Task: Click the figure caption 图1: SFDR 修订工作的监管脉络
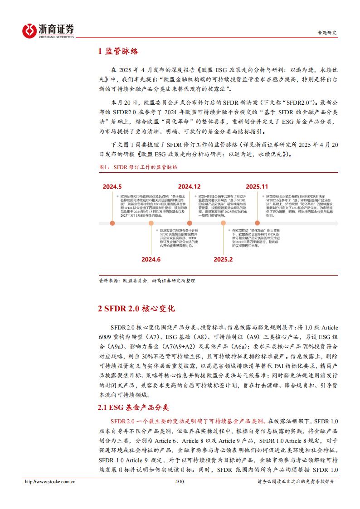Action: click(138, 167)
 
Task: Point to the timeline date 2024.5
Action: click(112, 187)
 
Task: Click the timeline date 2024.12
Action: click(189, 186)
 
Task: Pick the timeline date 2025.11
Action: click(257, 186)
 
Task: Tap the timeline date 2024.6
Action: click(151, 259)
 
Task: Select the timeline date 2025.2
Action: click(223, 259)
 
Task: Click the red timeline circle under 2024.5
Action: click(112, 223)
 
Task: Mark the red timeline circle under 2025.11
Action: click(257, 223)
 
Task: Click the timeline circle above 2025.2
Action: click(223, 223)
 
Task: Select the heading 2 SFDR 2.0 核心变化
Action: click(136, 309)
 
